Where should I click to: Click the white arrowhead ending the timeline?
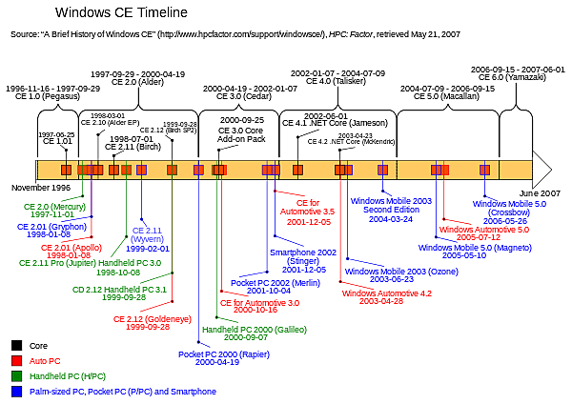coord(541,170)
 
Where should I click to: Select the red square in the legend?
coord(16,361)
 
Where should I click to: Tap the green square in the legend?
coord(16,376)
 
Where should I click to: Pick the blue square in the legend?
coord(16,392)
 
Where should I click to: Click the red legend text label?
coord(46,361)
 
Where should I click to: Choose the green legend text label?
coord(67,376)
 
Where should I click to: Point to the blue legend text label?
coord(123,392)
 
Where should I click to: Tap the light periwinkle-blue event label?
coord(147,234)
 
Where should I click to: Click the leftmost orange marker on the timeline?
coord(66,170)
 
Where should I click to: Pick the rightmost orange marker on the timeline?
coord(484,170)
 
